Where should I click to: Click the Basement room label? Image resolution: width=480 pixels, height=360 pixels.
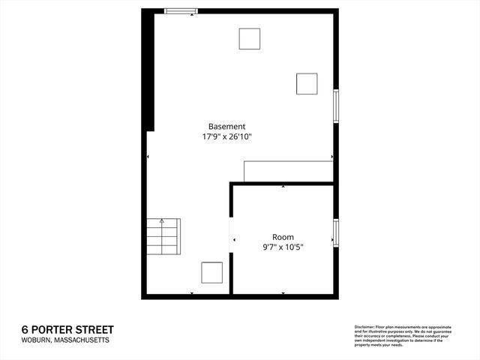click(x=226, y=127)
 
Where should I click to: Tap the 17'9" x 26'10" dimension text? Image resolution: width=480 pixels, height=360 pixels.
click(x=226, y=137)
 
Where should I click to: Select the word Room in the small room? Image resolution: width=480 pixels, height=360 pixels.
click(x=283, y=237)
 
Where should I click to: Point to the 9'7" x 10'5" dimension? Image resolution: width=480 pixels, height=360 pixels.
click(x=283, y=247)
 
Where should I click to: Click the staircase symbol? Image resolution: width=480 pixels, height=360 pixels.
click(x=163, y=238)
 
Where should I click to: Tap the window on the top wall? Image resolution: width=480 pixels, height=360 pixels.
click(x=181, y=10)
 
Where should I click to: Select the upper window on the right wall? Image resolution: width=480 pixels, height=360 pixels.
click(x=336, y=105)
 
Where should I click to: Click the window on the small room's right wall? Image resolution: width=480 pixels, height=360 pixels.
click(x=336, y=232)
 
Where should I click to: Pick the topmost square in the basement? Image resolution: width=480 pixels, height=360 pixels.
click(x=250, y=38)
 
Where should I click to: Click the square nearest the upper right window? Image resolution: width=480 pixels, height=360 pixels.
click(x=307, y=83)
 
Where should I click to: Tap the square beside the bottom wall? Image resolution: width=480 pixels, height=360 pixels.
click(x=211, y=272)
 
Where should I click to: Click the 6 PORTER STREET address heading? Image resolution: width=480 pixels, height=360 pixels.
click(x=67, y=329)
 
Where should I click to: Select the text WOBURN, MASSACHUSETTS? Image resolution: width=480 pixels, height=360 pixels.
click(x=65, y=340)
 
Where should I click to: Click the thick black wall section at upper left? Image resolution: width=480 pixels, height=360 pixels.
click(x=150, y=71)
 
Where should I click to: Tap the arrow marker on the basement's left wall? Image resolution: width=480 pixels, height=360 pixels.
click(x=148, y=157)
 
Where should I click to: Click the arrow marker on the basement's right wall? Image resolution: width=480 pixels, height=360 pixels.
click(x=332, y=157)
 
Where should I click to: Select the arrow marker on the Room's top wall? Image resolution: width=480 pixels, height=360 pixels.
click(x=283, y=185)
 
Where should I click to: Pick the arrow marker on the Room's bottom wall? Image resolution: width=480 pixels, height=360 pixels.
click(x=283, y=293)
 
